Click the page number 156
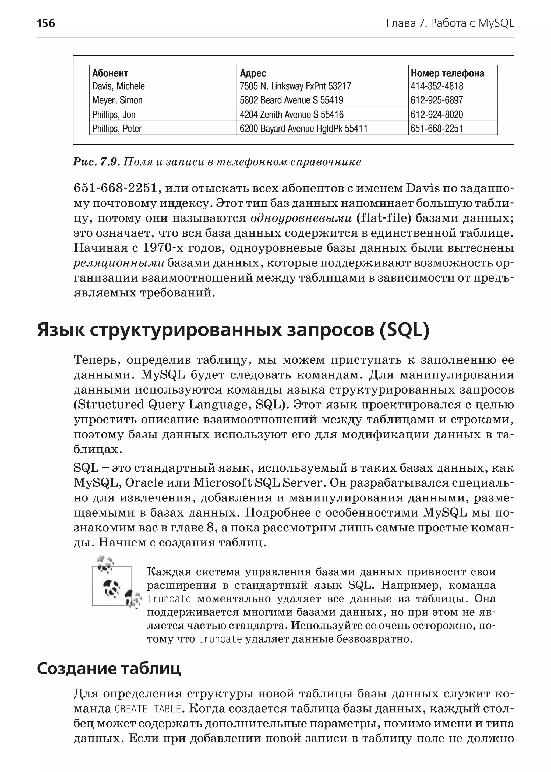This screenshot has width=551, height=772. click(46, 23)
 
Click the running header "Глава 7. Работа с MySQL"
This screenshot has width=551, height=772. click(450, 23)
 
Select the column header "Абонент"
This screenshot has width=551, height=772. click(110, 73)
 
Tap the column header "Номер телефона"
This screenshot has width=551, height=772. click(447, 73)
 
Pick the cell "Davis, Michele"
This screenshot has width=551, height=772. click(118, 86)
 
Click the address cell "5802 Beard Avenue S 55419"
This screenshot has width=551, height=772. click(291, 100)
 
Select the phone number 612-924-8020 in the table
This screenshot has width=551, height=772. click(437, 114)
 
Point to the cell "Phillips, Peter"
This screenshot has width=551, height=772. click(117, 129)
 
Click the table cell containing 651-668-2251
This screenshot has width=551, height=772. click(437, 129)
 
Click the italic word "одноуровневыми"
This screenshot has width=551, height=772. click(301, 218)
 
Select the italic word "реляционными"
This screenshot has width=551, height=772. click(119, 263)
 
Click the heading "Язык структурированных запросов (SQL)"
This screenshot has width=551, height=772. click(233, 330)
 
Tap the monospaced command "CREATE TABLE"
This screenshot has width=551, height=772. click(148, 709)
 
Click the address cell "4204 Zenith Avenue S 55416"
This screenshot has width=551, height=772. click(291, 114)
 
